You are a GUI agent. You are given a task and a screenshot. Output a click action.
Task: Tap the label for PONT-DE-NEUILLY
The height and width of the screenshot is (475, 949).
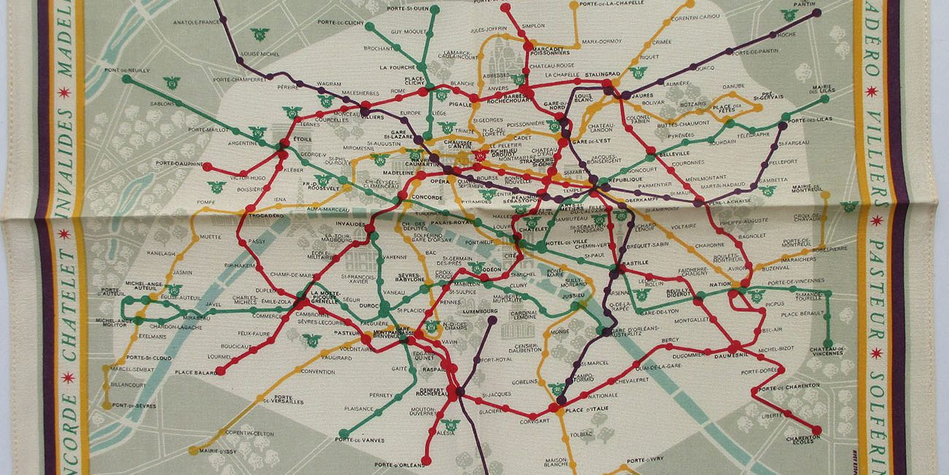[x=122, y=70]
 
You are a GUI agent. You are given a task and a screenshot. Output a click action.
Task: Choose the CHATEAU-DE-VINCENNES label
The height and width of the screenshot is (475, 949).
[x=828, y=352]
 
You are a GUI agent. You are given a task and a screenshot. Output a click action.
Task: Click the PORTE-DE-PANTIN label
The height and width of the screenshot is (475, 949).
[x=754, y=52]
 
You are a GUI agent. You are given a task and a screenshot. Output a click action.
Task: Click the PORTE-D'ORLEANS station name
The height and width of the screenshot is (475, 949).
[x=399, y=464]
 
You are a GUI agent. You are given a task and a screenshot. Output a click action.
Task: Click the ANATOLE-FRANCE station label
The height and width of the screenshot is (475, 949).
[x=197, y=22]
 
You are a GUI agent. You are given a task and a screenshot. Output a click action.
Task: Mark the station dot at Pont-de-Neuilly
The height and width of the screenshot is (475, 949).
[x=126, y=78]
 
